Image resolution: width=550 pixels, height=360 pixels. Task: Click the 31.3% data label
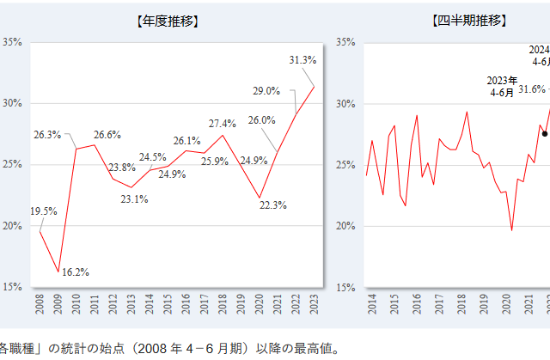pyautogui.click(x=302, y=60)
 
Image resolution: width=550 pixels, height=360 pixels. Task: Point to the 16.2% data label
pyautogui.click(x=76, y=272)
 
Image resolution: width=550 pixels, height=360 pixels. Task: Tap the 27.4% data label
pyautogui.click(x=223, y=123)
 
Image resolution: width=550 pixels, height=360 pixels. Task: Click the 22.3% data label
pyautogui.click(x=272, y=204)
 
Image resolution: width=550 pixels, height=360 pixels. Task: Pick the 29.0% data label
pyautogui.click(x=266, y=90)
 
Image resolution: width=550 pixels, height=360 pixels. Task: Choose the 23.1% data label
pyautogui.click(x=134, y=199)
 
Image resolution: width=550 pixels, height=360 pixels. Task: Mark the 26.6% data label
pyautogui.click(x=107, y=135)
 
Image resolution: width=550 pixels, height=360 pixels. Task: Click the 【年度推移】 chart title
pyautogui.click(x=168, y=20)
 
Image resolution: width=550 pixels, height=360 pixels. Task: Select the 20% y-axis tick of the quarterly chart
pyautogui.click(x=344, y=226)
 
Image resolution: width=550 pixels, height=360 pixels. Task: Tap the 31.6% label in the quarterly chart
pyautogui.click(x=534, y=88)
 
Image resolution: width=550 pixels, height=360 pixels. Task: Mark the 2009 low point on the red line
pyautogui.click(x=58, y=272)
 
